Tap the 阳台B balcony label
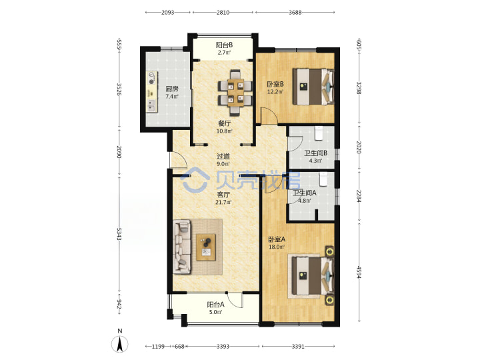click(x=224, y=45)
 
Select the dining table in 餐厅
click(x=236, y=93)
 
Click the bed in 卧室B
click(x=313, y=87)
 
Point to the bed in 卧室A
click(x=313, y=275)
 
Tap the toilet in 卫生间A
click(x=323, y=179)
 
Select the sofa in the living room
click(x=182, y=247)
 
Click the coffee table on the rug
click(x=206, y=247)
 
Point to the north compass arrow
click(x=120, y=344)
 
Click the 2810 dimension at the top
click(x=223, y=13)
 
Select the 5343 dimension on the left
click(x=119, y=234)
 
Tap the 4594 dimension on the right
click(x=359, y=272)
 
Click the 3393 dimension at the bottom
click(x=223, y=346)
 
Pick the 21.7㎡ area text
click(x=223, y=202)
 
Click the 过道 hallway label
click(x=223, y=157)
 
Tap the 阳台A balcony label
click(x=216, y=305)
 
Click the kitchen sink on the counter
click(x=151, y=105)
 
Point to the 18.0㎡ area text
click(x=277, y=247)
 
